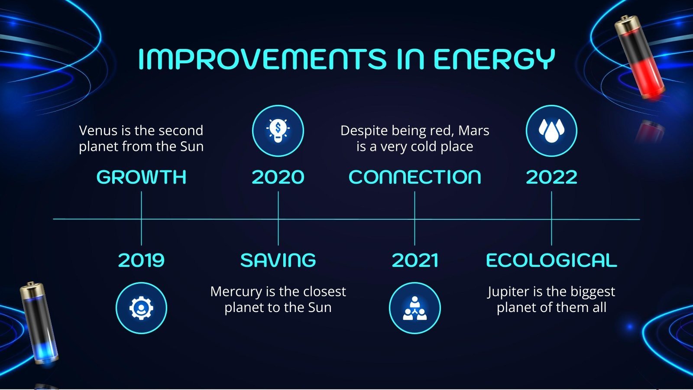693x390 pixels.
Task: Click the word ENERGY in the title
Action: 494,59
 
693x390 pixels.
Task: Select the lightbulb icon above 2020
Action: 278,130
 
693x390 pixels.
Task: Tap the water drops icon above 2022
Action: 551,130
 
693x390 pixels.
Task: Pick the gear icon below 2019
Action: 141,308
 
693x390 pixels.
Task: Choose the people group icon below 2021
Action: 415,308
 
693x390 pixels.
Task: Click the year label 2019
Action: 141,260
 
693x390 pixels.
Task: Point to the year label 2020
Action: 278,177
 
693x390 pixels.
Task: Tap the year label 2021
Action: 415,260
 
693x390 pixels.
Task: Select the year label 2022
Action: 551,177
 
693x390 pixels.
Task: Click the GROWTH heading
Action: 141,177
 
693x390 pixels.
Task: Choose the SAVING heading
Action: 278,260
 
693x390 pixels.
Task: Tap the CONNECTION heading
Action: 415,177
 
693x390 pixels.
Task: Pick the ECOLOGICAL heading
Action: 551,260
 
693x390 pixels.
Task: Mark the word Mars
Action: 474,130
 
